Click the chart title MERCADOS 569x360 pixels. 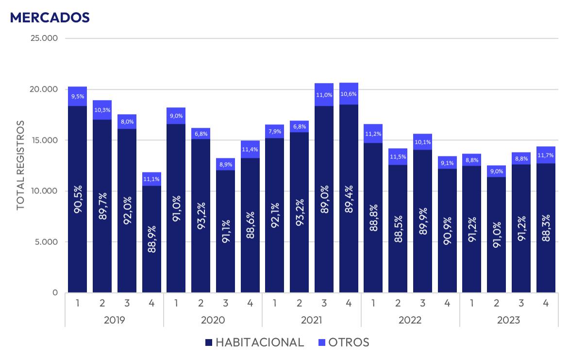pos(50,17)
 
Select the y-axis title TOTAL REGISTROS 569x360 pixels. pos(20,166)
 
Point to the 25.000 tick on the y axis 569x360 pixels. pos(44,38)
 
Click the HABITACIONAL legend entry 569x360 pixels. pos(254,342)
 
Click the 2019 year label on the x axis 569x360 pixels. pos(114,320)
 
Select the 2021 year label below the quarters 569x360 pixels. pos(311,320)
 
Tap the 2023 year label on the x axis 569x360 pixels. pos(508,320)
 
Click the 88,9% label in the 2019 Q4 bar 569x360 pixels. pos(152,238)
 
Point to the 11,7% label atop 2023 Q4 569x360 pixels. pos(546,155)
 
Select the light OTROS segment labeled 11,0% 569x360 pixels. pos(324,95)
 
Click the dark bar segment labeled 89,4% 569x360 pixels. pos(349,198)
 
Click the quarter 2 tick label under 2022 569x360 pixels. pos(398,304)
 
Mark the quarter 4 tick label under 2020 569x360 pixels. pos(250,304)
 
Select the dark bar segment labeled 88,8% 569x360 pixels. pos(373,218)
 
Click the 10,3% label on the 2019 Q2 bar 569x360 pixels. pos(102,110)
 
